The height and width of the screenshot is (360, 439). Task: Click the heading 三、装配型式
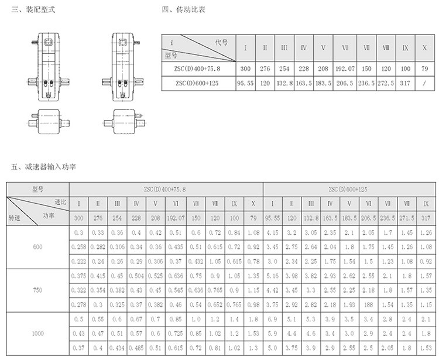[x=33, y=9]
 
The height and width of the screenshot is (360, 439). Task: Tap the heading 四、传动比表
[x=184, y=9]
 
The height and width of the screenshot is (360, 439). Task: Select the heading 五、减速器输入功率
[x=43, y=167]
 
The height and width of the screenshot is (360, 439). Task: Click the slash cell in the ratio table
[x=424, y=83]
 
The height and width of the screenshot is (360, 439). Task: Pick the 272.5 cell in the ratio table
[x=386, y=83]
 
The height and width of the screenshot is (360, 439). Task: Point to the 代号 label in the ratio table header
[x=221, y=42]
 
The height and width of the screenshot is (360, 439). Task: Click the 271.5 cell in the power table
[x=407, y=218]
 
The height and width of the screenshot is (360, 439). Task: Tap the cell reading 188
[x=368, y=304]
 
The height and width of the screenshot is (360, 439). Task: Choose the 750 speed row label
[x=37, y=290]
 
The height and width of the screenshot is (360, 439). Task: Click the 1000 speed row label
[x=37, y=334]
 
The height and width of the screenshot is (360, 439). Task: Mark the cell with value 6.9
[x=272, y=319]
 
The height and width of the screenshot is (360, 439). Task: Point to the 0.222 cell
[x=78, y=262]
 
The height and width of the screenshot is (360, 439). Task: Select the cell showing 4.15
[x=272, y=232]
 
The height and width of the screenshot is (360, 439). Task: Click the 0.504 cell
[x=136, y=276]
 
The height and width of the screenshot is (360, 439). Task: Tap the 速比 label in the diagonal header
[x=60, y=202]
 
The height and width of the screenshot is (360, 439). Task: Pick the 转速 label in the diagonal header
[x=14, y=218]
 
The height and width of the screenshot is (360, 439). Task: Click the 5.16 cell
[x=272, y=276]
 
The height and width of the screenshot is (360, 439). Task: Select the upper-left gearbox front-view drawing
[x=49, y=67]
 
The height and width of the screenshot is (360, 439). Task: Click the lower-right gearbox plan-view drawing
[x=125, y=122]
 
